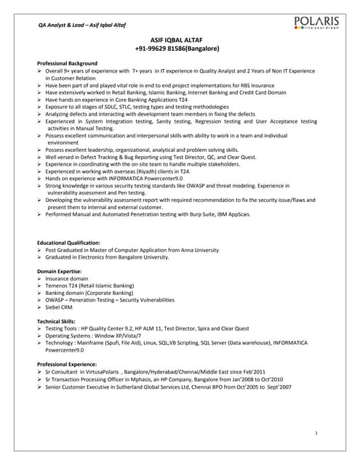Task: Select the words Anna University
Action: pyautogui.click(x=194, y=249)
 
